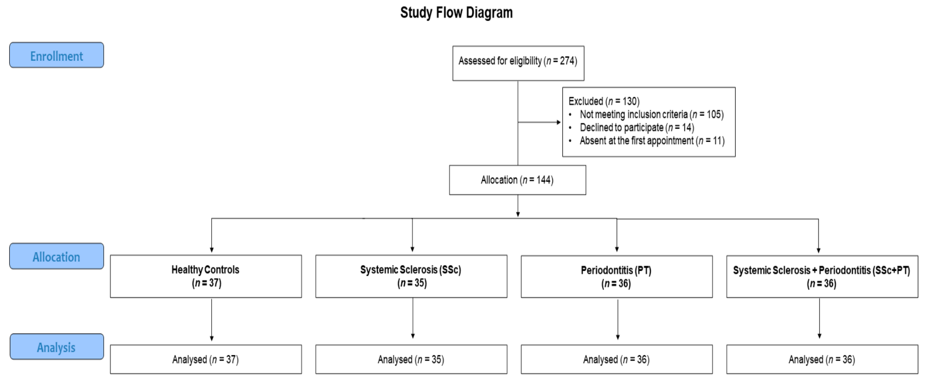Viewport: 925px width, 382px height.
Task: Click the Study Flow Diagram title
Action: click(456, 13)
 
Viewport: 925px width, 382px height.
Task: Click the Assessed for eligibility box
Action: click(518, 63)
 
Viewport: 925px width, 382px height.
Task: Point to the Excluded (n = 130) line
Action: click(604, 101)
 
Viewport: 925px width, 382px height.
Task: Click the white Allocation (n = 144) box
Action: click(517, 180)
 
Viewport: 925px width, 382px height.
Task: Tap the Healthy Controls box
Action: click(206, 276)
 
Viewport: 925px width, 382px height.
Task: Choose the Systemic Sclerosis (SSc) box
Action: click(411, 276)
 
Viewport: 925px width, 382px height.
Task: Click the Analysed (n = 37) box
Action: click(206, 359)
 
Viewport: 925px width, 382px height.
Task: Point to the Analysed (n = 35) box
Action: click(411, 359)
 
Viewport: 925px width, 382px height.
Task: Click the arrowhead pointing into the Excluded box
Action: click(558, 122)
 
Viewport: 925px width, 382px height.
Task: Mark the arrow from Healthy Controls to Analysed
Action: click(211, 319)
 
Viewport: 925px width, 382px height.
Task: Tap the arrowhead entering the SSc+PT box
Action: click(818, 250)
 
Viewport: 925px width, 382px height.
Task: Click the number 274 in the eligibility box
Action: click(567, 61)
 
